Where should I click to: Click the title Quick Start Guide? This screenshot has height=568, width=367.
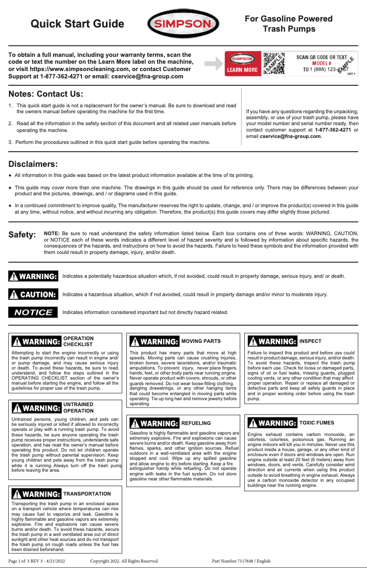click(x=77, y=24)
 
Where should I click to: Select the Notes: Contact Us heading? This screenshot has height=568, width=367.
click(x=46, y=94)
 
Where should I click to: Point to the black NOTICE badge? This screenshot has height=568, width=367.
click(x=33, y=312)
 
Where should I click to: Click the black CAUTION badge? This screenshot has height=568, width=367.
click(x=33, y=294)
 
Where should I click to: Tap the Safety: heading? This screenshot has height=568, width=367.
click(x=22, y=235)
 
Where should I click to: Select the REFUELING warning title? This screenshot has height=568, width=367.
click(x=196, y=423)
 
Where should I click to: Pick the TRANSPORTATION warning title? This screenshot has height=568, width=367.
click(x=87, y=494)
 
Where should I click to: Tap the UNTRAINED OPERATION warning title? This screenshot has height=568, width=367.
click(x=78, y=408)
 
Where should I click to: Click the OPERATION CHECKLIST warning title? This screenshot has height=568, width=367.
click(x=78, y=341)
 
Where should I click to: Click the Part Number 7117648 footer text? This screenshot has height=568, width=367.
click(x=241, y=561)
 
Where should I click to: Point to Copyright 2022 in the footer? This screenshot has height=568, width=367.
click(x=124, y=561)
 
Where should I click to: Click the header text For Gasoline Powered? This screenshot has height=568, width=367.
click(x=288, y=19)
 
